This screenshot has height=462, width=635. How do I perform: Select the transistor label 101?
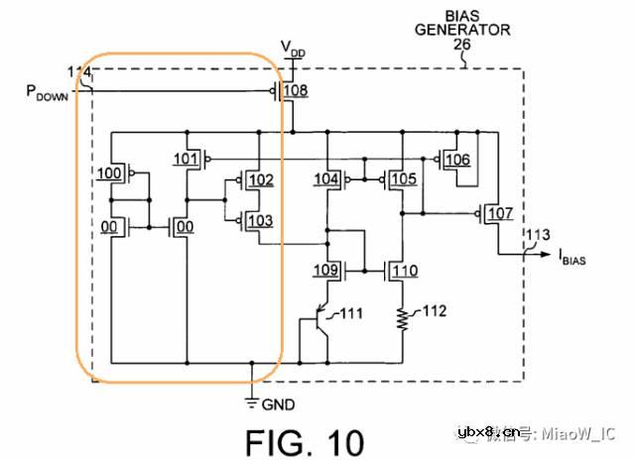pos(187,159)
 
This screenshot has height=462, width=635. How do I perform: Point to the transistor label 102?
pos(261,180)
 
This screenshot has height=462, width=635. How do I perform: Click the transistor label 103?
pos(261,220)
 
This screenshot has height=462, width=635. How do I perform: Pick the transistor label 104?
pos(326,179)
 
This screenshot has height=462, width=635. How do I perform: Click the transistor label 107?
pos(500,214)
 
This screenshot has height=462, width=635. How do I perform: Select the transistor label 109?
pos(326,270)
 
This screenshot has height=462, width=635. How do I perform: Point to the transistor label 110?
pos(404,270)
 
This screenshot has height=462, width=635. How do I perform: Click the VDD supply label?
pos(293,48)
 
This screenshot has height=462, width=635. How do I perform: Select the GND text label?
pos(279,404)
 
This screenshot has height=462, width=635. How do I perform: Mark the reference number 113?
pos(537,235)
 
